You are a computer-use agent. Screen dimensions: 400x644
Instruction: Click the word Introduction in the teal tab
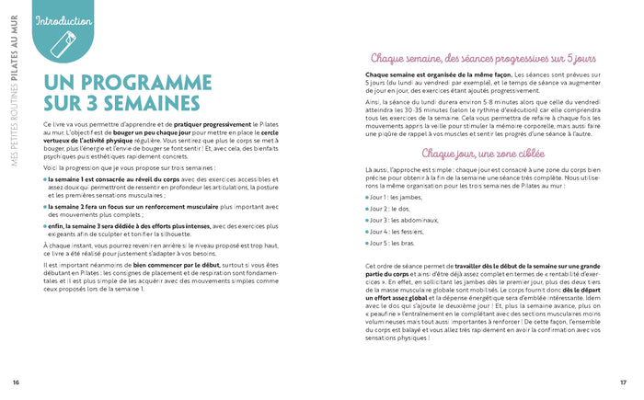[x=63, y=20]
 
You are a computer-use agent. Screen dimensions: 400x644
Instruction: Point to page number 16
[x=16, y=382]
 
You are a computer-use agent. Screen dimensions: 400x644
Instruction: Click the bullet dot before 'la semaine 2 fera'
[x=45, y=208]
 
